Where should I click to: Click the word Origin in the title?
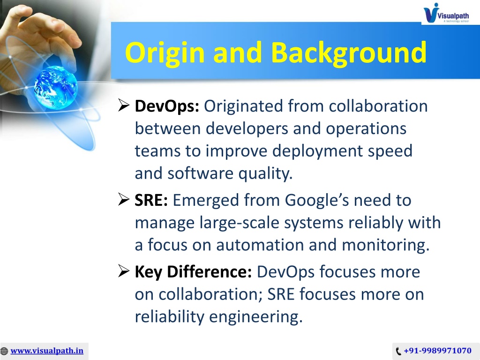[x=165, y=52]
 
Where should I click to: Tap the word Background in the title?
[x=349, y=52]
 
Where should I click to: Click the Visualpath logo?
[x=446, y=13]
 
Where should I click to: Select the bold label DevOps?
[x=167, y=106]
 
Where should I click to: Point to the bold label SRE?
[x=151, y=200]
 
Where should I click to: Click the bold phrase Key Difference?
[x=193, y=272]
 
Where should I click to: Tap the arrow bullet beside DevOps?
[x=124, y=105]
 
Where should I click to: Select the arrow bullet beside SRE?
[x=124, y=199]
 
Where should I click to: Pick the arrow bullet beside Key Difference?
[x=124, y=271]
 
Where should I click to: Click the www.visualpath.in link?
[x=47, y=351]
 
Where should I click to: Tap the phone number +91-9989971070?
[x=437, y=351]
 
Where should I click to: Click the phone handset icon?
[x=398, y=351]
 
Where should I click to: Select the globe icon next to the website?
[x=4, y=351]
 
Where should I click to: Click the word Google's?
[x=317, y=201]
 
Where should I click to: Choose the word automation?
[x=260, y=245]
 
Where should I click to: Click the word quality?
[x=265, y=174]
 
